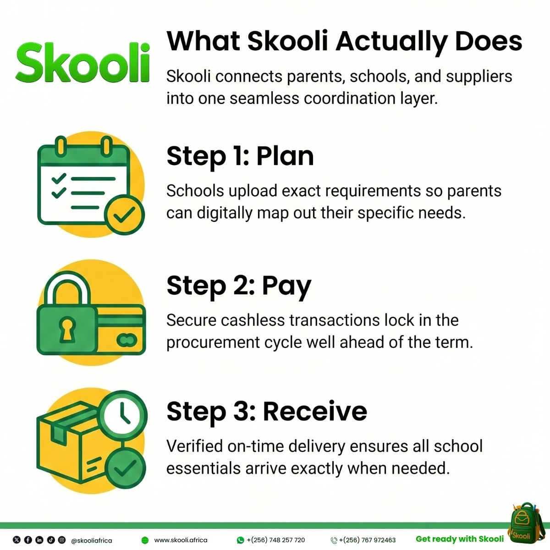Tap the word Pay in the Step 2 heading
286,286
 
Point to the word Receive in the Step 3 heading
315,411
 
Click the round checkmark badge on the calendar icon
124,214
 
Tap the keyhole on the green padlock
67,329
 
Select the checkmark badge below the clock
125,468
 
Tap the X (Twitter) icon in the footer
17,540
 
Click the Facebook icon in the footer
28,540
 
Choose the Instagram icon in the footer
62,540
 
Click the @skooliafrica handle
92,540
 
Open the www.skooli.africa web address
181,540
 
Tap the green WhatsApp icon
240,540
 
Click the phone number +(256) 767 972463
367,540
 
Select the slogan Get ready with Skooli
459,539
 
